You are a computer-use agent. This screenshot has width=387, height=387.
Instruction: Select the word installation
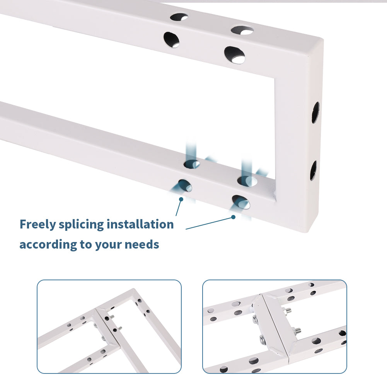[140, 224]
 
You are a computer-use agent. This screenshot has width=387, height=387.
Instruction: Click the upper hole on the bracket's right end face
[315, 112]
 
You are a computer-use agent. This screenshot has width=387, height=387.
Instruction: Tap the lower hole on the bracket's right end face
[314, 170]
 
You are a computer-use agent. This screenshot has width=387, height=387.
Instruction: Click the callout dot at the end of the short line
[181, 199]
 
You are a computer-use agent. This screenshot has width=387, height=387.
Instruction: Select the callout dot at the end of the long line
[233, 217]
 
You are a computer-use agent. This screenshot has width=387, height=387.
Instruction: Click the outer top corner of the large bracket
[323, 39]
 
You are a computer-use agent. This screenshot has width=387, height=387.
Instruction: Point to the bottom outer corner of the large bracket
[307, 232]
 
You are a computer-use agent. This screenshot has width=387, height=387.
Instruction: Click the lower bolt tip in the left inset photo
[120, 328]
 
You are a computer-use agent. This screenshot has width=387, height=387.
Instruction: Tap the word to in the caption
[86, 244]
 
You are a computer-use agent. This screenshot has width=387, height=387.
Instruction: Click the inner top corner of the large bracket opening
[275, 78]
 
